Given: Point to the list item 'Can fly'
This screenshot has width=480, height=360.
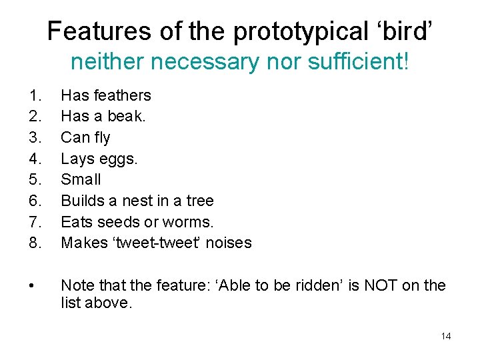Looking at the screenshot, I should [x=85, y=137].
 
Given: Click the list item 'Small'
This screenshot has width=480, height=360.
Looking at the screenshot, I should [x=81, y=179].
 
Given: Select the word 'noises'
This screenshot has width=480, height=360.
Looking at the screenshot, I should [x=229, y=243].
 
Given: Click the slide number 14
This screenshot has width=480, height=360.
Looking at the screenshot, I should [x=445, y=336].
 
